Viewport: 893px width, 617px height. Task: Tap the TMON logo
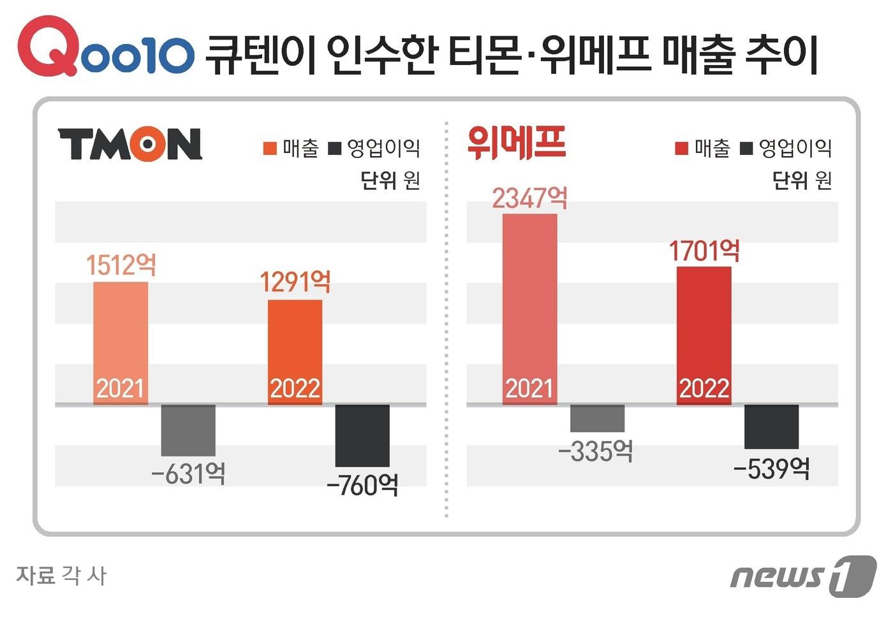130,144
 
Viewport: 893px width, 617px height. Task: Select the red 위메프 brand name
516,142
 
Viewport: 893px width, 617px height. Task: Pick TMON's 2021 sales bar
121,343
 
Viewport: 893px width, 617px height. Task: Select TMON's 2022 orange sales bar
295,352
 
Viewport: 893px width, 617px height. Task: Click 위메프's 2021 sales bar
529,309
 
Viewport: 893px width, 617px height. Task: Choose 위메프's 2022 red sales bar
704,335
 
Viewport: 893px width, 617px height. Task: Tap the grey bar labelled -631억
188,430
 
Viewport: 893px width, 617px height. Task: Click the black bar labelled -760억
362,435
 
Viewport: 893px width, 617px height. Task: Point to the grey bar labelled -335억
597,418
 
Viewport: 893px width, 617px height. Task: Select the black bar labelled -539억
771,426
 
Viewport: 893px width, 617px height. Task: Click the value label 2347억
529,198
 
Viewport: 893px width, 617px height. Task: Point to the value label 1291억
295,282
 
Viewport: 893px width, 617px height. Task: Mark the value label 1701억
704,251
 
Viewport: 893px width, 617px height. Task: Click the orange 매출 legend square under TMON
270,149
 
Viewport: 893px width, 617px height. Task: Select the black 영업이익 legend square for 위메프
746,149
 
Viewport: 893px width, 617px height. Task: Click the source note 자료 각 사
61,575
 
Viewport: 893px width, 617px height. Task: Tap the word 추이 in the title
781,55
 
